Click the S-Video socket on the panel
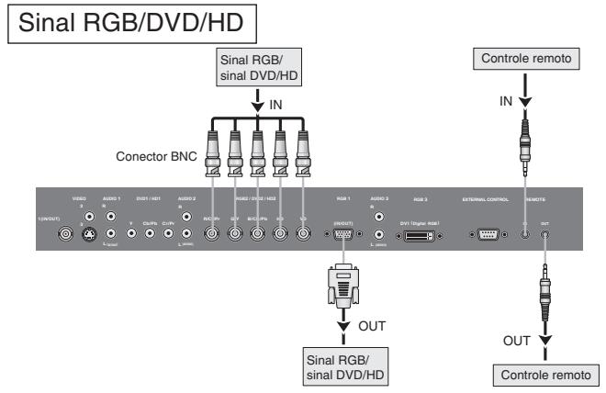coord(87,234)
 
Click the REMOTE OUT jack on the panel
coord(546,234)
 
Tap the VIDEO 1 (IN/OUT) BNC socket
coord(65,234)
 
